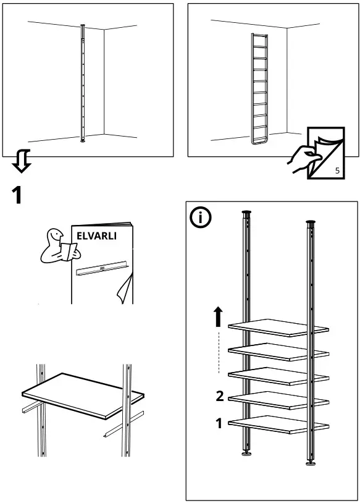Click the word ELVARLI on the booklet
coord(96,236)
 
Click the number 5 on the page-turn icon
coord(337,171)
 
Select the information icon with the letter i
coord(201,218)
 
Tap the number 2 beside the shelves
coord(219,397)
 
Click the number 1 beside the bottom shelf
coord(219,424)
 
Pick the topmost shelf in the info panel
coord(278,327)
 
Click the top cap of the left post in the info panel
coord(246,213)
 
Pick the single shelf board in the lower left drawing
coord(83,395)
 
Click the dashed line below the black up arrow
coord(219,352)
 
